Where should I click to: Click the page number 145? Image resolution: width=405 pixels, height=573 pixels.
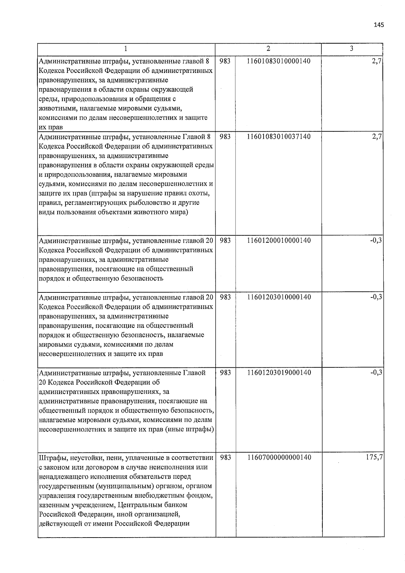coord(379,25)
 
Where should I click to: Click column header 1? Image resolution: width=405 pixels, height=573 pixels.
coord(126,49)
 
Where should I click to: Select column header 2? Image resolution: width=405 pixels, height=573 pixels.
coord(268,49)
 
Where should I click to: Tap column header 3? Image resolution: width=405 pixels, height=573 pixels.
coord(351,49)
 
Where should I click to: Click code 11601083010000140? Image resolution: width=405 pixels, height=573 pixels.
coord(279,61)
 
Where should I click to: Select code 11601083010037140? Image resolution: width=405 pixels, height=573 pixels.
coord(279,137)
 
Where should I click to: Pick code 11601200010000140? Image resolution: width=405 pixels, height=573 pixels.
coord(279,241)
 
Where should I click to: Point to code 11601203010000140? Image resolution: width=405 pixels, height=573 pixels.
coord(279,297)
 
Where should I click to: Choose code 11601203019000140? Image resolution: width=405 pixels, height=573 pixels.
coord(279,373)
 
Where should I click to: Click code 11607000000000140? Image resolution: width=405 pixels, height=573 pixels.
coord(279,458)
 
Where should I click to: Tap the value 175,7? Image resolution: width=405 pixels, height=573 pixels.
coord(374,458)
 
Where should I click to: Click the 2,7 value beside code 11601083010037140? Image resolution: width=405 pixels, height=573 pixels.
coord(377,137)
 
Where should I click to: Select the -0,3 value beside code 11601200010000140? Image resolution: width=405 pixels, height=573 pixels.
coord(376,241)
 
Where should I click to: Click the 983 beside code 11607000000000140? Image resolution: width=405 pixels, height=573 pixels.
coord(225,458)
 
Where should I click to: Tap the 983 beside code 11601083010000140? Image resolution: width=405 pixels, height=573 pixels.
coord(225,61)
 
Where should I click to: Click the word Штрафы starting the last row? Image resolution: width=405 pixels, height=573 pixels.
coord(50,458)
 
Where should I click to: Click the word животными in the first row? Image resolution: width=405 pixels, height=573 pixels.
coord(54,109)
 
